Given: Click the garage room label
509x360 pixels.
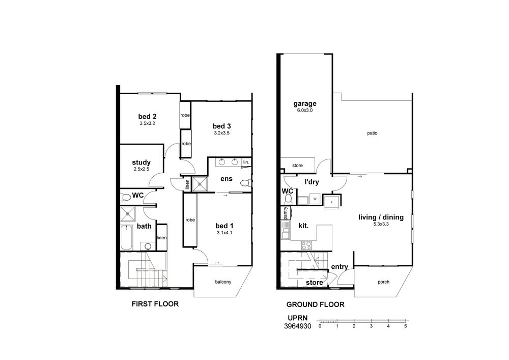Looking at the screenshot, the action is tap(305, 104).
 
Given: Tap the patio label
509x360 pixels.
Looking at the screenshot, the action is tap(373, 133).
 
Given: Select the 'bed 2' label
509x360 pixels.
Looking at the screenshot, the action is tap(148, 117).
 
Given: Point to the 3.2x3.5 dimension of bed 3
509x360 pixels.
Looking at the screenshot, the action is tap(222, 133).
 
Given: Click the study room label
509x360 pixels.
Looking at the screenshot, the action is tap(141, 162).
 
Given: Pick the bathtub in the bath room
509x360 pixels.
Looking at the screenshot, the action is tap(126, 237).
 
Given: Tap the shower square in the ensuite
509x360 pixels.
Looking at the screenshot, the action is tap(200, 184).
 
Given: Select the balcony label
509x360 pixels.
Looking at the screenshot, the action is tap(223, 282).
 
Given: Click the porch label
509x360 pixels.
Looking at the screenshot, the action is tap(383, 282).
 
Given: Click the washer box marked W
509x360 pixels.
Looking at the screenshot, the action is tap(315, 199).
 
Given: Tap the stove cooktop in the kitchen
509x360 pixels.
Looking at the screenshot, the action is tap(306, 245).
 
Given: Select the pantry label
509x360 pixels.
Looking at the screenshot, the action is tap(286, 213).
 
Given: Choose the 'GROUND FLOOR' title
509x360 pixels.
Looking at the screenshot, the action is tap(315, 304).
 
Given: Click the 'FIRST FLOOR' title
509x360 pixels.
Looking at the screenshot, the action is tap(155, 304).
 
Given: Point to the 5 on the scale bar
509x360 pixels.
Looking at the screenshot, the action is tap(406, 326).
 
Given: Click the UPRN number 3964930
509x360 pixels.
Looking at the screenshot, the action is tap(297, 326).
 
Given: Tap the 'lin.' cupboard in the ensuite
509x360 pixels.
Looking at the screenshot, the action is tap(246, 162).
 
